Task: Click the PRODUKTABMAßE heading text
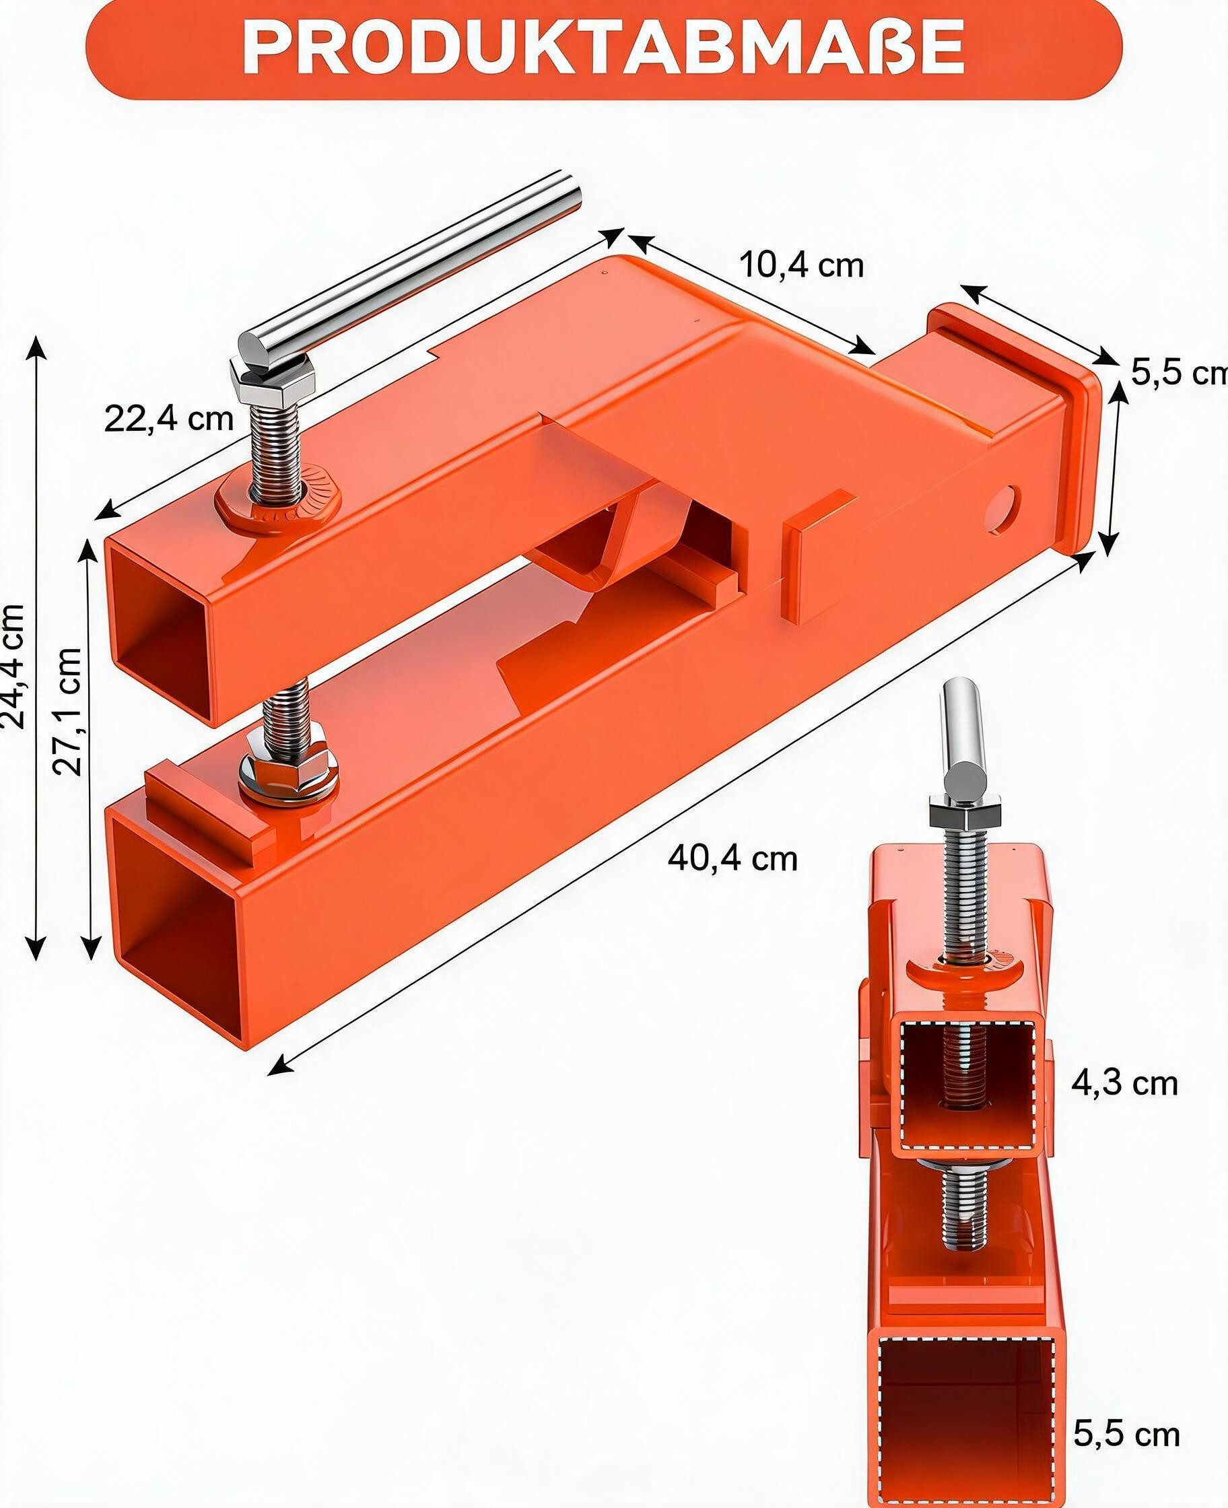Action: pos(603,46)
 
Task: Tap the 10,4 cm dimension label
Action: pos(801,265)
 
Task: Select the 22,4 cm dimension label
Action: pos(168,418)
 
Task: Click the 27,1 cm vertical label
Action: pos(69,711)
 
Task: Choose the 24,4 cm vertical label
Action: pos(12,666)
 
